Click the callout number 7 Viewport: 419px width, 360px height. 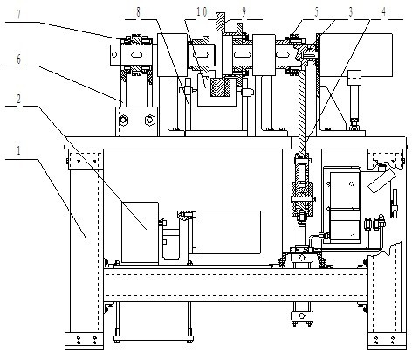tap(19, 15)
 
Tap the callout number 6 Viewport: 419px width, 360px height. tap(18, 59)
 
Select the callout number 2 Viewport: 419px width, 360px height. tap(18, 100)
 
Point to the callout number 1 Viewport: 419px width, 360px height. tap(18, 151)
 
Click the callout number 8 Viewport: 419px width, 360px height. tap(138, 12)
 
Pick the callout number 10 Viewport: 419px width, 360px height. tap(202, 12)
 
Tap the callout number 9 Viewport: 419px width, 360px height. tap(244, 12)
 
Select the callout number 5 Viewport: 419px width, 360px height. tap(316, 12)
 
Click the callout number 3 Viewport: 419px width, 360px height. tap(351, 12)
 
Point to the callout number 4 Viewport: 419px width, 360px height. tap(384, 12)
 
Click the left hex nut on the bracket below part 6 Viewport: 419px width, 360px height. tap(122, 120)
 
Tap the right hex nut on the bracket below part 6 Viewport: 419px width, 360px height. tap(149, 120)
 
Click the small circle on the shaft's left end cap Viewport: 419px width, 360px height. tap(114, 54)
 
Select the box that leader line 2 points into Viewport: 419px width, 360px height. tap(140, 232)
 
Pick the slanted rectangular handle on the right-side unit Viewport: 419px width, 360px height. tap(381, 180)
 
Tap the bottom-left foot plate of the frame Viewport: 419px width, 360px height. tap(84, 340)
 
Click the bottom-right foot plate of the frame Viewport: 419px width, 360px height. tap(387, 340)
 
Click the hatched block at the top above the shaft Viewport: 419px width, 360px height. tap(220, 22)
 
